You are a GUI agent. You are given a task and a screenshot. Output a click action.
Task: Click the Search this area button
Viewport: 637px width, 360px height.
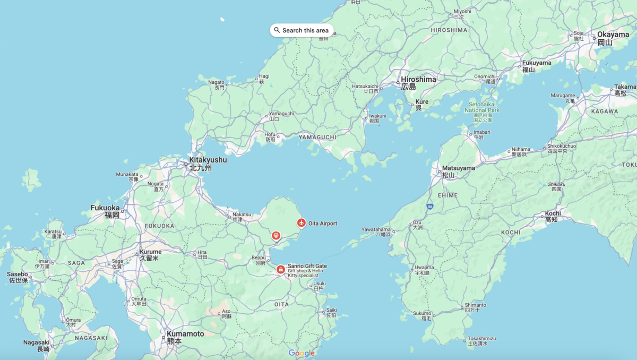pyautogui.click(x=302, y=30)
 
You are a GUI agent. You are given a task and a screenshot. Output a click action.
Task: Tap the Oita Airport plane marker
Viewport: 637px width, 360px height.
pyautogui.click(x=302, y=223)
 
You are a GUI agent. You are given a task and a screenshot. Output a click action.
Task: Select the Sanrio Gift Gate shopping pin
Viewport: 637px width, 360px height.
pyautogui.click(x=280, y=269)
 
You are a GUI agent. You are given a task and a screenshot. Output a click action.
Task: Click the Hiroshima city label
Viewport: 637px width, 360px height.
pyautogui.click(x=418, y=80)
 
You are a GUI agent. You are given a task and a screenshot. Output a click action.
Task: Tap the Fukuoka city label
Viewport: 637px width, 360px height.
pyautogui.click(x=105, y=208)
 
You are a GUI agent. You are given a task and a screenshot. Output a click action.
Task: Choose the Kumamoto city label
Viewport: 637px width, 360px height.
pyautogui.click(x=185, y=334)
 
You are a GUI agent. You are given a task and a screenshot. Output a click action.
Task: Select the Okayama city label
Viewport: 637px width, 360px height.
pyautogui.click(x=613, y=35)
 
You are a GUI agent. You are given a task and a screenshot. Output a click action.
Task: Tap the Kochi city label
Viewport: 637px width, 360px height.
pyautogui.click(x=553, y=213)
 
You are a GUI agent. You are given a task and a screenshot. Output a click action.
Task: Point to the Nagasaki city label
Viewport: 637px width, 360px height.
pyautogui.click(x=36, y=342)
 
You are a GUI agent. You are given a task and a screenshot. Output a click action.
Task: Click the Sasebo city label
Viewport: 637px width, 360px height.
pyautogui.click(x=18, y=275)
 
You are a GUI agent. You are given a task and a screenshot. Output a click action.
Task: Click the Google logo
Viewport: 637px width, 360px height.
pyautogui.click(x=302, y=353)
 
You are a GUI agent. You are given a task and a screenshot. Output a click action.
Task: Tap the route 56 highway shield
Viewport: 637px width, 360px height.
pyautogui.click(x=428, y=205)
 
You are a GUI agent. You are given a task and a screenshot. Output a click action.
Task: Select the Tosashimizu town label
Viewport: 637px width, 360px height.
pyautogui.click(x=481, y=339)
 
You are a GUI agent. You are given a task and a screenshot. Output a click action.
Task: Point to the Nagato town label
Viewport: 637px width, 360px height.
pyautogui.click(x=216, y=82)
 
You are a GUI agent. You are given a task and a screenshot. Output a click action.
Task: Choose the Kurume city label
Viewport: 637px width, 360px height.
pyautogui.click(x=150, y=252)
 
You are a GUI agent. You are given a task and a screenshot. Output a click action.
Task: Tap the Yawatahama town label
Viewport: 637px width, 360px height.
pyautogui.click(x=376, y=229)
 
